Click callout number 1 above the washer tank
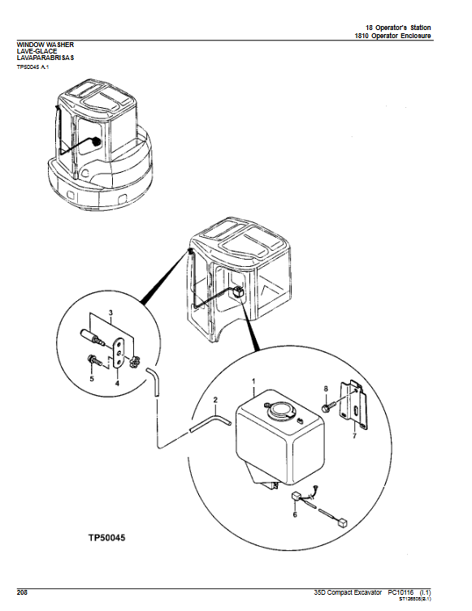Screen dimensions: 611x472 (x=253, y=381)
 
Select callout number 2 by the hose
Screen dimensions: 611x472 (x=215, y=400)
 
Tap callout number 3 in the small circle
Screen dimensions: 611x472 (x=110, y=312)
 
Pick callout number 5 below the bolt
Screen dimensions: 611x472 (x=91, y=379)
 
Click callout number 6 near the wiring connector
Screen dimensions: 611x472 (x=294, y=514)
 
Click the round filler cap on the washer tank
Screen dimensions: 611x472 (x=282, y=408)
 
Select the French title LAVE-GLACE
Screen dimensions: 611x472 (x=35, y=50)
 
